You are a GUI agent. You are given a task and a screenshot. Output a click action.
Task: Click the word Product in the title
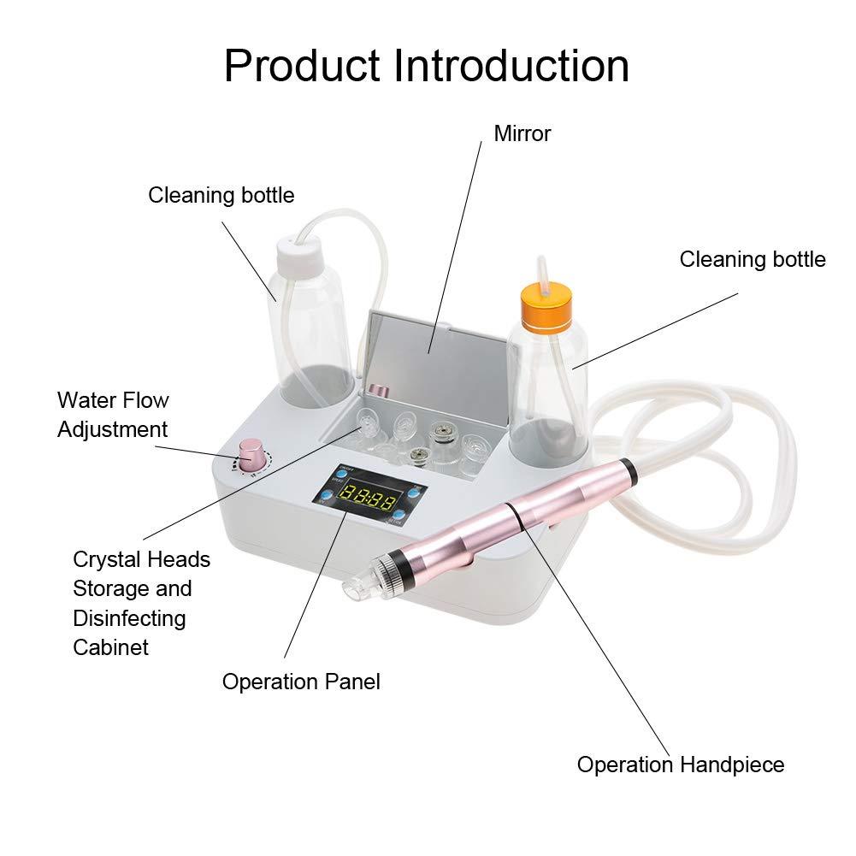point(301,66)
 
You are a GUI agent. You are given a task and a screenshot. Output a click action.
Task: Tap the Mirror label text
point(522,133)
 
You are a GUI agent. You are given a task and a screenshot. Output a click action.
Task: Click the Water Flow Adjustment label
point(113,415)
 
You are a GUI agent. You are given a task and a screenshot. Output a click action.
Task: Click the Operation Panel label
point(301,682)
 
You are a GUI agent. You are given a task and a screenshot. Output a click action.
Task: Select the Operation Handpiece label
point(681,764)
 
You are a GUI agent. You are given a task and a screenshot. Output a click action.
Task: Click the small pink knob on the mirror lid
point(381,391)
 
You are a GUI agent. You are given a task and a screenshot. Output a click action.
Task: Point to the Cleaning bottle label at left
point(221,195)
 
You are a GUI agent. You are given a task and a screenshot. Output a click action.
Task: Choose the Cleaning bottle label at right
point(753,259)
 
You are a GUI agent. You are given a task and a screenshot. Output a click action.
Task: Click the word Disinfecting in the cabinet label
point(129,618)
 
